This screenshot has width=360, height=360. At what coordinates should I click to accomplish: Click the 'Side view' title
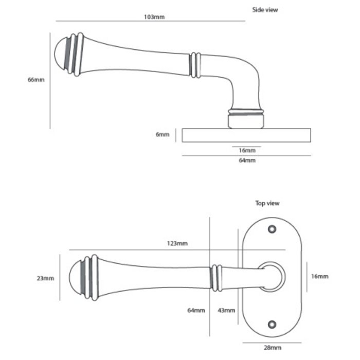(x=265, y=9)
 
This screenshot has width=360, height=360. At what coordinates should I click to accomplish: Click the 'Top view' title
(x=267, y=203)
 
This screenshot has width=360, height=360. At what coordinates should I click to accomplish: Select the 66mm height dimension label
(x=35, y=80)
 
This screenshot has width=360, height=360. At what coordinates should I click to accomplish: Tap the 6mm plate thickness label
(x=162, y=135)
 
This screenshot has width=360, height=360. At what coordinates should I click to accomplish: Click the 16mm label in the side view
(x=247, y=150)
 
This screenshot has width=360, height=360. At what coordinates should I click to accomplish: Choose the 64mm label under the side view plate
(x=247, y=161)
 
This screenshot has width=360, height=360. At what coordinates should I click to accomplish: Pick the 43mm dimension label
(x=226, y=310)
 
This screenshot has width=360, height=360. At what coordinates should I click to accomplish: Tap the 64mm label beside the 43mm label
(x=196, y=310)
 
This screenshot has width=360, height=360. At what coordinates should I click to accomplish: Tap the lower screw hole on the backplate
(x=272, y=323)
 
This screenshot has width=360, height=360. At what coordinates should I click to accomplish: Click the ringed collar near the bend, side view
(x=194, y=65)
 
